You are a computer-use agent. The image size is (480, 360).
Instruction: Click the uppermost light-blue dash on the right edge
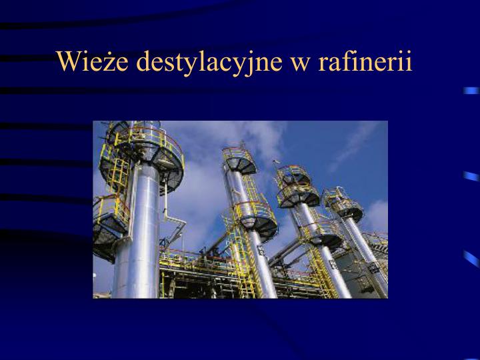[472, 90]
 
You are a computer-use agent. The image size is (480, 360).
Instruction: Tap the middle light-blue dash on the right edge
[472, 176]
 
